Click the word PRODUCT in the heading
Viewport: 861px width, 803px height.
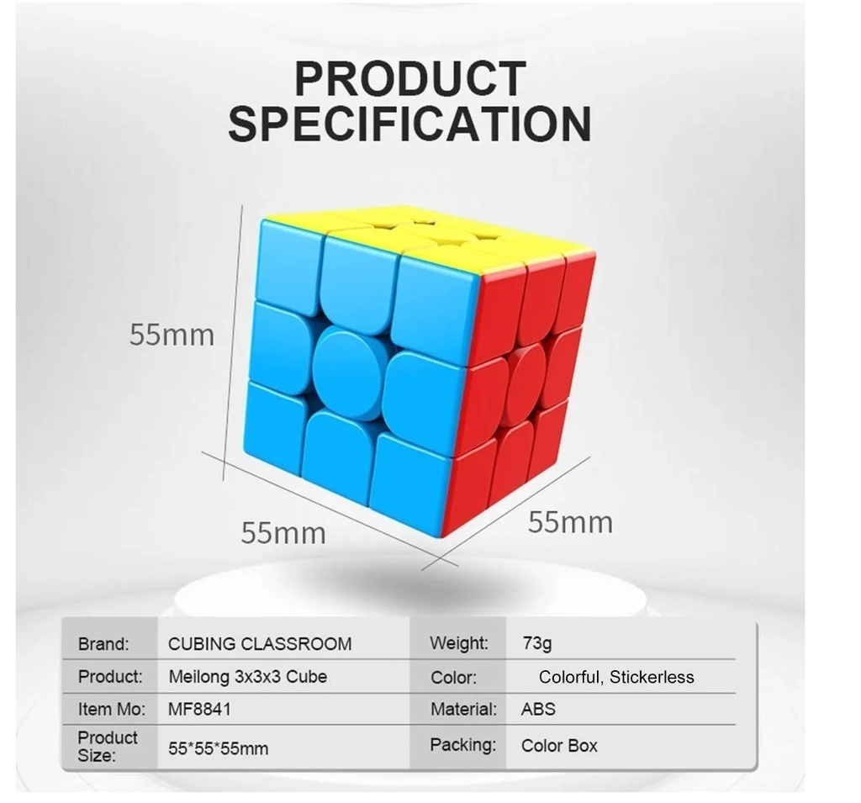pos(410,79)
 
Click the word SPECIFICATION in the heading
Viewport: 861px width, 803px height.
pos(410,124)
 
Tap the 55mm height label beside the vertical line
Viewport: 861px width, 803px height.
pos(172,335)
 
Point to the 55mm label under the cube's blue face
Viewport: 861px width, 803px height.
pos(283,533)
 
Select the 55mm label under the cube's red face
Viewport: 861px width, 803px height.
pos(571,522)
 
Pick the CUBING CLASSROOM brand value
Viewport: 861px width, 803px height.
pos(260,644)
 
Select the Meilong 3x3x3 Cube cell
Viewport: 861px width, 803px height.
pos(248,677)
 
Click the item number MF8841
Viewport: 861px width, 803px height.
pos(199,710)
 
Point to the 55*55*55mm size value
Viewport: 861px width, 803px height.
pos(219,748)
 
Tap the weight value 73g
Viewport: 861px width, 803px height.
pos(537,643)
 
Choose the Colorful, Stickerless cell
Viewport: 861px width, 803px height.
pos(616,677)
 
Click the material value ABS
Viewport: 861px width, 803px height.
pos(538,709)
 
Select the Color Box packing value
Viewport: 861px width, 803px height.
pos(559,746)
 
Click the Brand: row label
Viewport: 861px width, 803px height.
pos(103,644)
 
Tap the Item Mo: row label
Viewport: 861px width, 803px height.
pos(112,710)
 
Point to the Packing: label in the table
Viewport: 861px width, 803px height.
pos(463,745)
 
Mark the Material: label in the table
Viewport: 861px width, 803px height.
pos(463,710)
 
